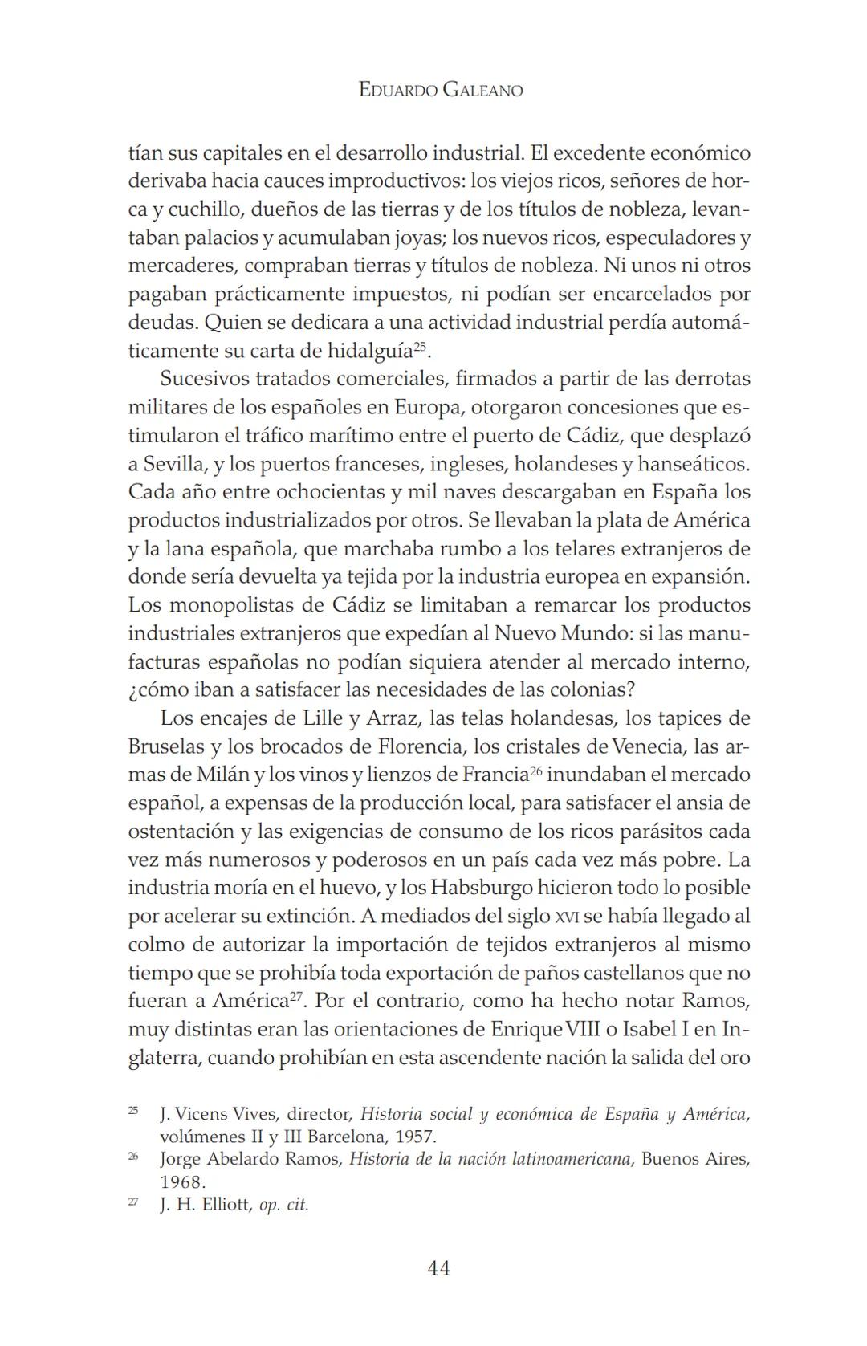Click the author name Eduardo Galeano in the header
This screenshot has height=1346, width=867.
tap(441, 91)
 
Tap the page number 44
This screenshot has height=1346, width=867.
tap(439, 1267)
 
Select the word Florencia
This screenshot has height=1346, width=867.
tap(421, 746)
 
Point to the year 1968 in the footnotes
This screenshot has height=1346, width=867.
tap(182, 1181)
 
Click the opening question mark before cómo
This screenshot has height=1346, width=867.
tap(133, 690)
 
